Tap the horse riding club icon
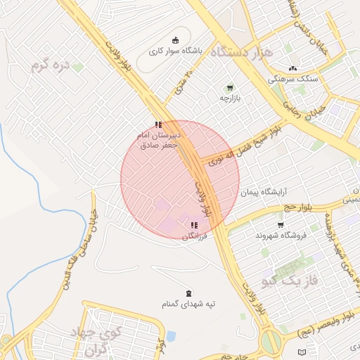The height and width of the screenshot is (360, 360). point(175,40)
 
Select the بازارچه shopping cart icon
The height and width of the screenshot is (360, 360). point(230,87)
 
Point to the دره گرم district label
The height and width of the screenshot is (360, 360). point(51,66)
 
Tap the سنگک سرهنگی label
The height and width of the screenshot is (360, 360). point(293,79)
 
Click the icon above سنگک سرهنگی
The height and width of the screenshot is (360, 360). point(292,68)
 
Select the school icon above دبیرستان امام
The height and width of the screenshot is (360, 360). point(158,124)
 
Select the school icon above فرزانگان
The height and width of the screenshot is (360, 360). point(194,225)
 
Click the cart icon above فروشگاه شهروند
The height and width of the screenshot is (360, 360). point(281,224)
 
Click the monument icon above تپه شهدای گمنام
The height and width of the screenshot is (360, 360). point(187,292)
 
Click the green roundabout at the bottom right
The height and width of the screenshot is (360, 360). point(271,343)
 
